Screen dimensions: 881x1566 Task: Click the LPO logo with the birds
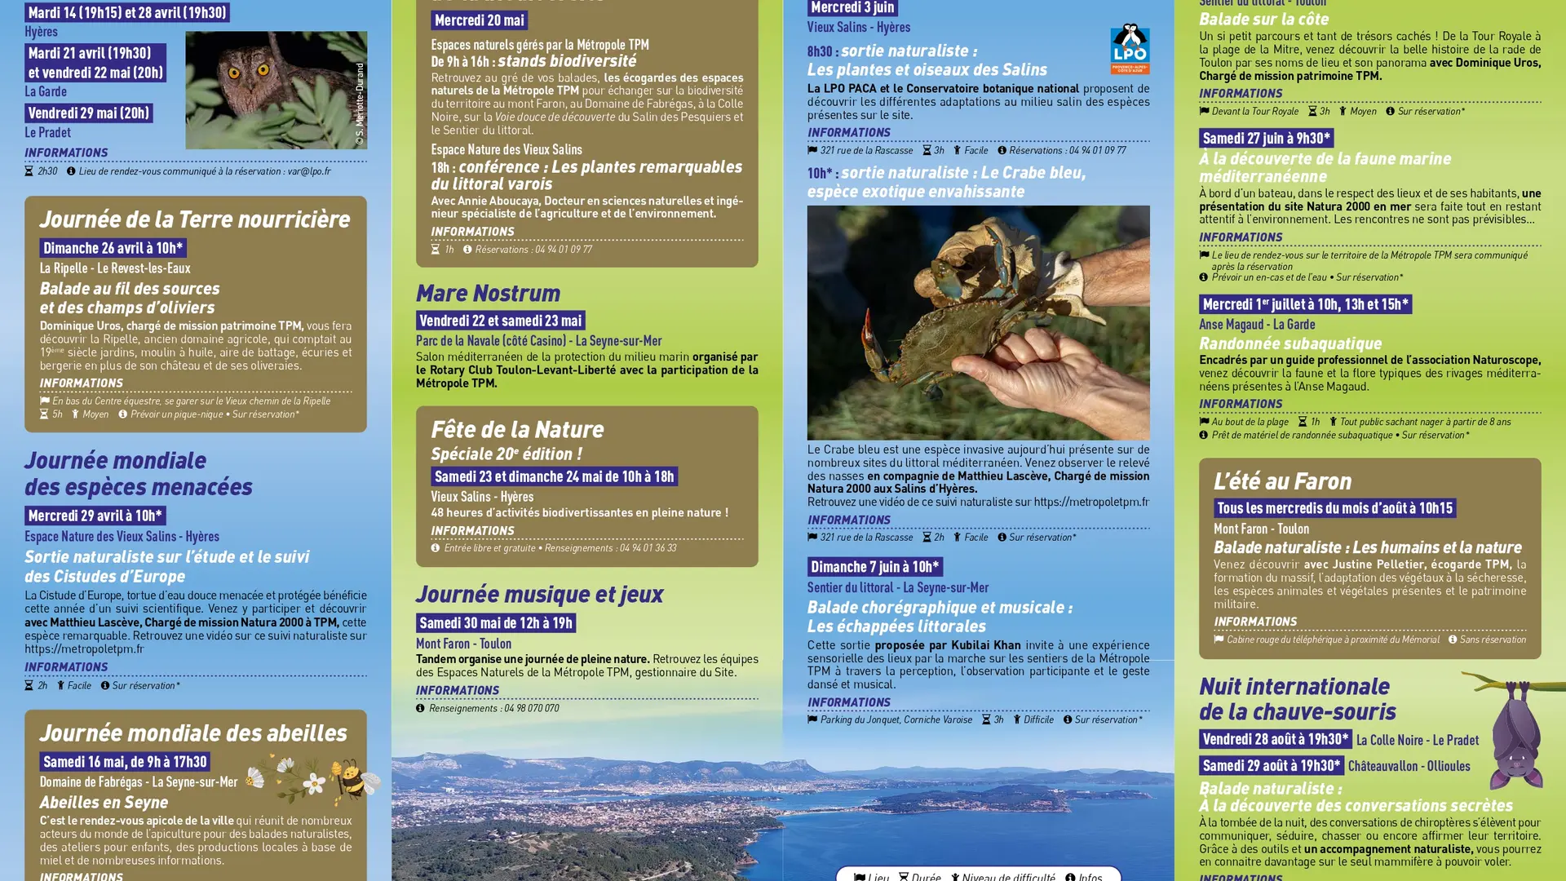point(1130,49)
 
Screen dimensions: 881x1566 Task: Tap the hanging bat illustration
point(1515,734)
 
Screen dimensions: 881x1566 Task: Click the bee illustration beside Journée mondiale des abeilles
point(354,779)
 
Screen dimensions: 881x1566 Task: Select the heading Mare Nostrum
point(488,293)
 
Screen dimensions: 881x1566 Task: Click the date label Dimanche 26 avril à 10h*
point(113,248)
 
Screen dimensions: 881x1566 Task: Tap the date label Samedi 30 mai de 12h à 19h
point(495,623)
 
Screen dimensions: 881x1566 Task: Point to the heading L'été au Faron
point(1282,481)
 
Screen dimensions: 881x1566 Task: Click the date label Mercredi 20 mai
point(479,20)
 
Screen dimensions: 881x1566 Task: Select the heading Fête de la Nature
point(517,430)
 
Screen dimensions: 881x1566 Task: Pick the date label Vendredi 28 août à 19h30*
point(1275,739)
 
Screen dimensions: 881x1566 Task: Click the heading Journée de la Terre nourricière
point(195,219)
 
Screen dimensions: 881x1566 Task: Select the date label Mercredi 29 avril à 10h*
point(95,516)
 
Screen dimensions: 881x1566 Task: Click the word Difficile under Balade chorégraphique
point(1038,719)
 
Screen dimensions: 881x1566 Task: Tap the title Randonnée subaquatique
point(1290,343)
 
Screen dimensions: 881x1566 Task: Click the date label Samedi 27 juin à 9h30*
point(1266,139)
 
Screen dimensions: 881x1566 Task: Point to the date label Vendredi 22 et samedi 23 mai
point(500,321)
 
